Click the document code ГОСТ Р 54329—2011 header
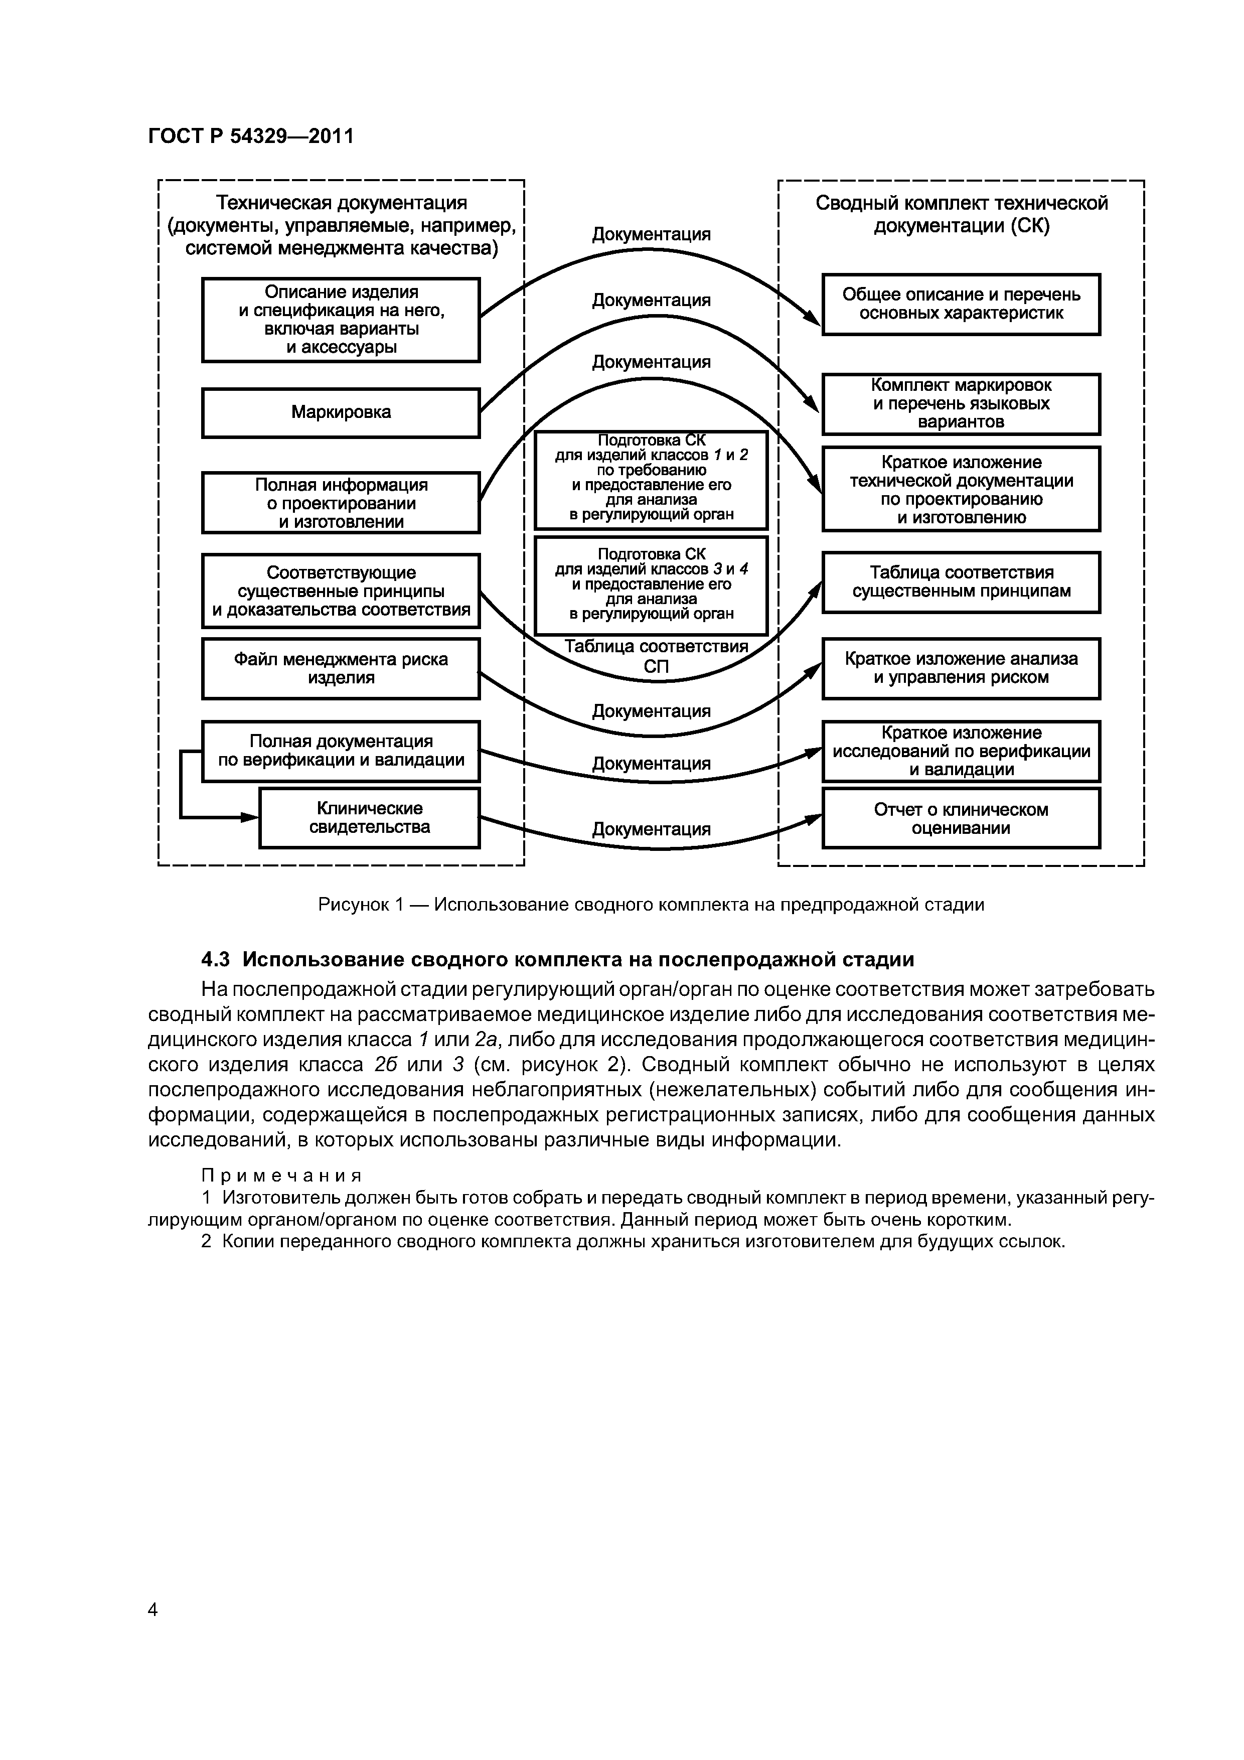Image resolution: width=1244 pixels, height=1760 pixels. tap(251, 136)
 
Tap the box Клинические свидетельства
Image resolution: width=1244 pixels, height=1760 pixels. tap(370, 818)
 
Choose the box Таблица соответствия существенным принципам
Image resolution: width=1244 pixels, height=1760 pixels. tap(961, 582)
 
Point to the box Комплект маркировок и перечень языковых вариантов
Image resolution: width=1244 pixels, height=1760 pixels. tap(961, 404)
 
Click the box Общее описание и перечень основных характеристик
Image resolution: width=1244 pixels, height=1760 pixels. tap(961, 305)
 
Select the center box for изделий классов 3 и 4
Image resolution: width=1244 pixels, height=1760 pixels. tap(651, 585)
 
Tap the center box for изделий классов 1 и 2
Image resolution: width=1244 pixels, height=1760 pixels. tap(651, 479)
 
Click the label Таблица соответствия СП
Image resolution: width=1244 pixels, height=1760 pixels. tap(656, 657)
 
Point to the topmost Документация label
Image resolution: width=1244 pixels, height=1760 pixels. tap(651, 235)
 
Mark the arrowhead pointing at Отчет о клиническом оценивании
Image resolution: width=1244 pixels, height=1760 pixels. tap(815, 818)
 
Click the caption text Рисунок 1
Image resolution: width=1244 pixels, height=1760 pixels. tap(360, 905)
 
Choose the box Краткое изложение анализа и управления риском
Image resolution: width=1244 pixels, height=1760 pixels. tap(961, 668)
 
